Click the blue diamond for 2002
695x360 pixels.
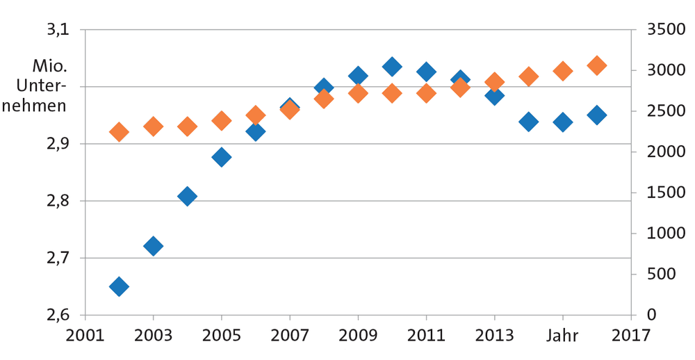(119, 286)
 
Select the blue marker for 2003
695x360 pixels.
(153, 246)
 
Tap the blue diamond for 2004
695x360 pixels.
(187, 197)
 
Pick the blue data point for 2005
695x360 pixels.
(221, 157)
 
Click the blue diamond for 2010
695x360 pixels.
(392, 67)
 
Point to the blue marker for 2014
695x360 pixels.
(528, 122)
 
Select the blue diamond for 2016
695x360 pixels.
(596, 115)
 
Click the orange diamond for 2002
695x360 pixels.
(119, 131)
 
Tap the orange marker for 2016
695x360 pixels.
(596, 65)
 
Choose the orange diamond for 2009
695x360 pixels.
(358, 93)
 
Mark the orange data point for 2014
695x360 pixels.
(528, 76)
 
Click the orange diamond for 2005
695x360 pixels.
(221, 120)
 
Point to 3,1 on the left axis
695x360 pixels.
(58, 30)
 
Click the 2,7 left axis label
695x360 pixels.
(58, 258)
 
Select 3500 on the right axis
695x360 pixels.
(666, 30)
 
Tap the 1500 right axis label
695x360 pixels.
(666, 193)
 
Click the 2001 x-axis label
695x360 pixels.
(85, 336)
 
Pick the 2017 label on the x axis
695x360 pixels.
(631, 336)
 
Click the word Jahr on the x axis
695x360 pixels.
(562, 336)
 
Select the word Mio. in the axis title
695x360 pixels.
(49, 67)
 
